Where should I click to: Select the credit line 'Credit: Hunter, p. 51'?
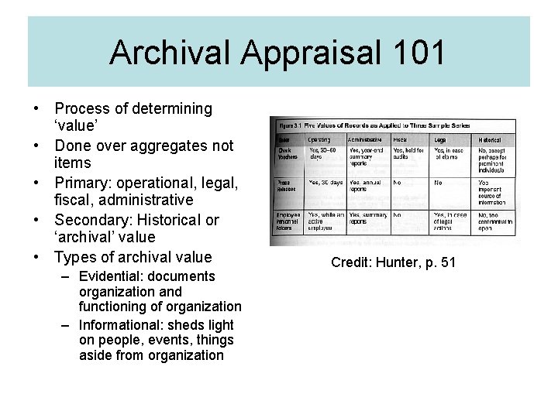point(393,262)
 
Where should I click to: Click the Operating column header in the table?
point(319,139)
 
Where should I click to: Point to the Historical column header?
point(490,139)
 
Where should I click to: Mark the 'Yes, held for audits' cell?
point(408,153)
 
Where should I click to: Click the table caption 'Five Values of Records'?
point(384,125)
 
